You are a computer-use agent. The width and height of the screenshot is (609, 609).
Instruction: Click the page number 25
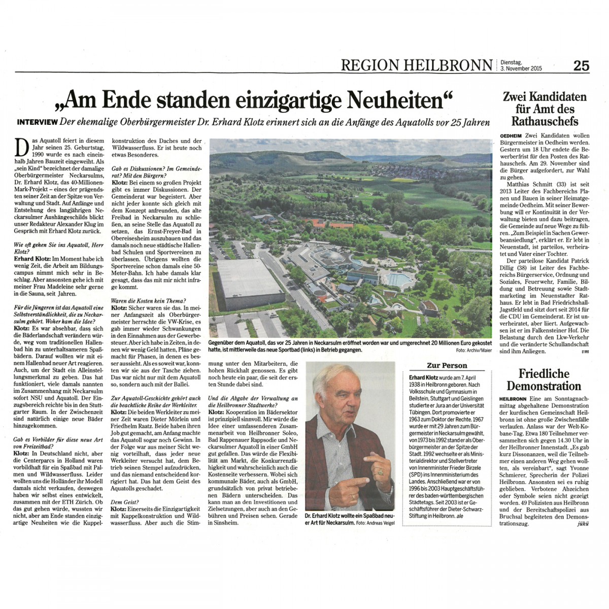pos(582,65)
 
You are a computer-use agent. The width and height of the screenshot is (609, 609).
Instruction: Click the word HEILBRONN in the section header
pos(448,65)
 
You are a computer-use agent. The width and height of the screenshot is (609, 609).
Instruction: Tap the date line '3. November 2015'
pos(521,69)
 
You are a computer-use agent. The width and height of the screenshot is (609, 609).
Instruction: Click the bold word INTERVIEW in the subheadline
pos(37,122)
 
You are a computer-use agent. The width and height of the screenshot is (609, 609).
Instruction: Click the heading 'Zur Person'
pos(447,365)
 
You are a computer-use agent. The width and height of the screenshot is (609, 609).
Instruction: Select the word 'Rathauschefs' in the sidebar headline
pos(545,122)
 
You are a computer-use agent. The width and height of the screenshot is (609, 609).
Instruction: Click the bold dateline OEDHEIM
pos(512,136)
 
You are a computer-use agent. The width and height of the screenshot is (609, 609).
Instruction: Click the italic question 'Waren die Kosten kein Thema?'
pos(148,301)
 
